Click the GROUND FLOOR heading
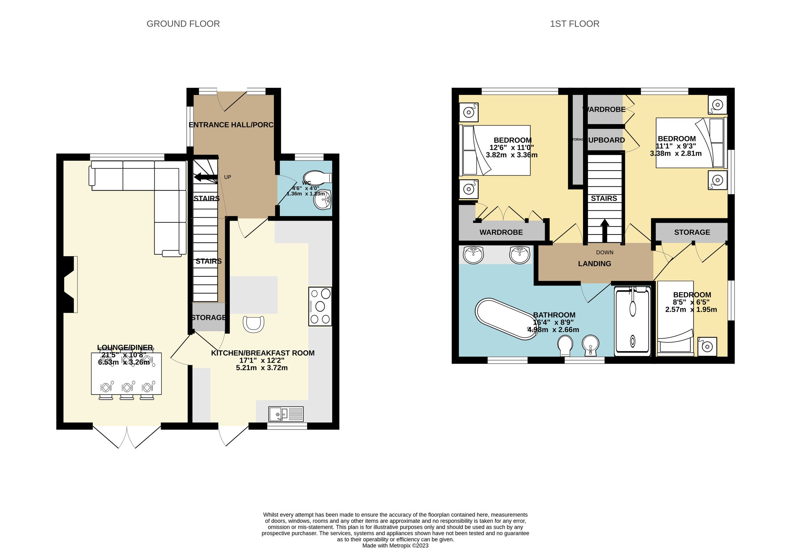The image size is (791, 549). tap(183, 24)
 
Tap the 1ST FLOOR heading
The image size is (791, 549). tap(574, 24)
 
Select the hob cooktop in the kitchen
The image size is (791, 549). tap(320, 306)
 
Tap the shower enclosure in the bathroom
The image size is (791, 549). tap(632, 320)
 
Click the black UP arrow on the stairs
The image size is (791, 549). tap(205, 178)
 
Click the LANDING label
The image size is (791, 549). tap(594, 264)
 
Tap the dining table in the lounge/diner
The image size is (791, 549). tap(126, 373)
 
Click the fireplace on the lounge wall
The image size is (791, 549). tap(70, 285)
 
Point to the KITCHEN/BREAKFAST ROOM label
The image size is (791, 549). tap(262, 353)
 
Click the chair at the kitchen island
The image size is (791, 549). tap(253, 324)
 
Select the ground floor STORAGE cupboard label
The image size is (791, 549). tap(208, 317)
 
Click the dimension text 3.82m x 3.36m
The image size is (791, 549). tap(512, 155)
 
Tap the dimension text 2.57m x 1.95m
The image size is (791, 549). tap(691, 310)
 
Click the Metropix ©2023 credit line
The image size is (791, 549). tap(395, 546)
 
